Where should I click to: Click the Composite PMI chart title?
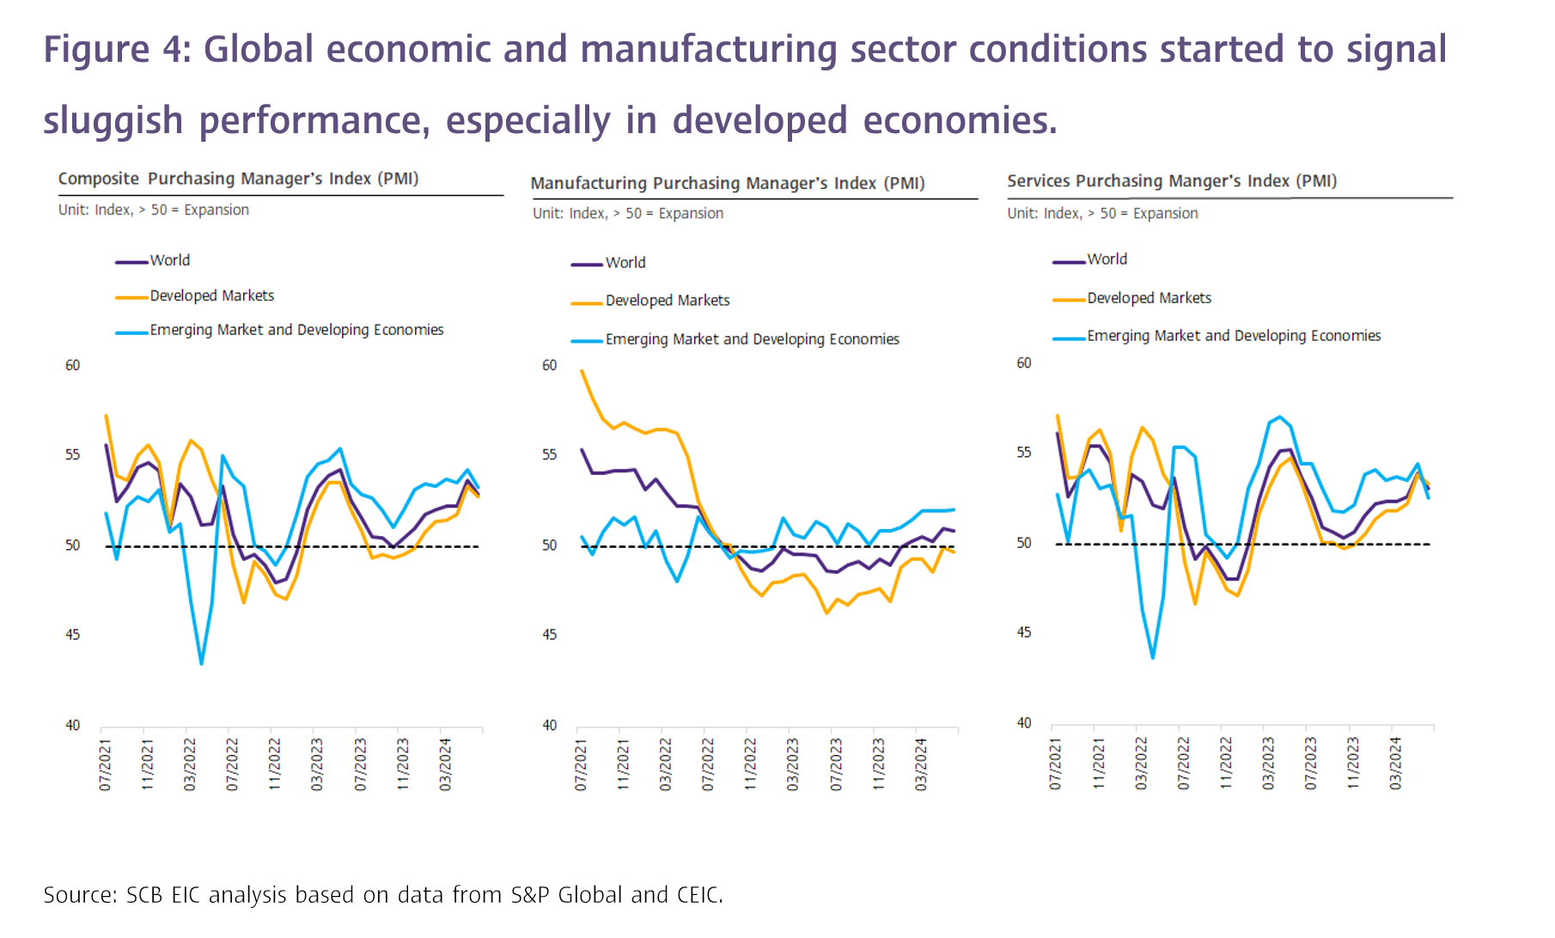click(x=238, y=179)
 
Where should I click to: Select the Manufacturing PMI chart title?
click(x=727, y=183)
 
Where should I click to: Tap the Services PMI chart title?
click(x=1172, y=181)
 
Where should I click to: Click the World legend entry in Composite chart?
click(x=169, y=260)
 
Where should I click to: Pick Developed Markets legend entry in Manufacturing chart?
click(x=667, y=301)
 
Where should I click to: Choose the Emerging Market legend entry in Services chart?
click(x=1233, y=336)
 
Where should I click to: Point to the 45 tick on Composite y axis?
click(x=72, y=635)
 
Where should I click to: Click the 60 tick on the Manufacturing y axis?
click(x=549, y=365)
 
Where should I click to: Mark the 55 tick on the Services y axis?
click(x=1023, y=453)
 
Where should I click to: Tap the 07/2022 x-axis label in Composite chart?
click(x=232, y=764)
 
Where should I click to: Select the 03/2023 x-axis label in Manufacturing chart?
click(x=793, y=764)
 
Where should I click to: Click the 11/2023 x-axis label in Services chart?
click(x=1353, y=763)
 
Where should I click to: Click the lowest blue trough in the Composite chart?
click(x=201, y=663)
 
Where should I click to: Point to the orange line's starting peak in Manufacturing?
click(x=582, y=371)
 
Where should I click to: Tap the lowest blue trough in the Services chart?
click(x=1152, y=658)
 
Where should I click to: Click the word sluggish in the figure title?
click(x=113, y=120)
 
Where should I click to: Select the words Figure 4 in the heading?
click(x=117, y=49)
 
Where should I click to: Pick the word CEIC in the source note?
click(x=698, y=895)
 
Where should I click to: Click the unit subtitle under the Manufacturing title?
click(x=627, y=213)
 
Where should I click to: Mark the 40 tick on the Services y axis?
click(x=1023, y=723)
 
